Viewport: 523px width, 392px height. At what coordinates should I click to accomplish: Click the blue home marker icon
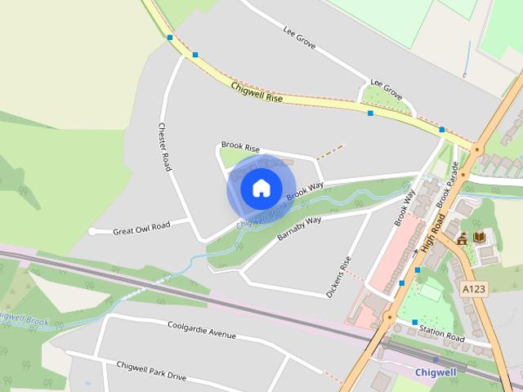[x=261, y=189]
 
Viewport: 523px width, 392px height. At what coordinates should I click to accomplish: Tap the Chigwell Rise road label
[x=257, y=91]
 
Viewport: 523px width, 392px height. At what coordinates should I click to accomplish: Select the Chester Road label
[x=164, y=146]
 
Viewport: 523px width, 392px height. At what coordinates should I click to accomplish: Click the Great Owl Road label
[x=141, y=226]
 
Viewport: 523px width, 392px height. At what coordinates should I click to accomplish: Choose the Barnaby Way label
[x=299, y=227]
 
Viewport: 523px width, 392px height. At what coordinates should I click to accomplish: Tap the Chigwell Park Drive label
[x=151, y=372]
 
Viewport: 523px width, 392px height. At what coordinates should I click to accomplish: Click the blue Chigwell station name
[x=436, y=372]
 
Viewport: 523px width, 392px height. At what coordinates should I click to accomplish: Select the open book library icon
[x=479, y=237]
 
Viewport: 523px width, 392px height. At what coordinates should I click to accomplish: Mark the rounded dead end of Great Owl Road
[x=92, y=232]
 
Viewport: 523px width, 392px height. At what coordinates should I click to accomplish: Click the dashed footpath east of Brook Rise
[x=330, y=151]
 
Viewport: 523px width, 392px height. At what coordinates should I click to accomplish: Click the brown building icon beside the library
[x=463, y=238]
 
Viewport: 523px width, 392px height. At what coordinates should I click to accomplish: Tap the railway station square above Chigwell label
[x=436, y=359]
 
